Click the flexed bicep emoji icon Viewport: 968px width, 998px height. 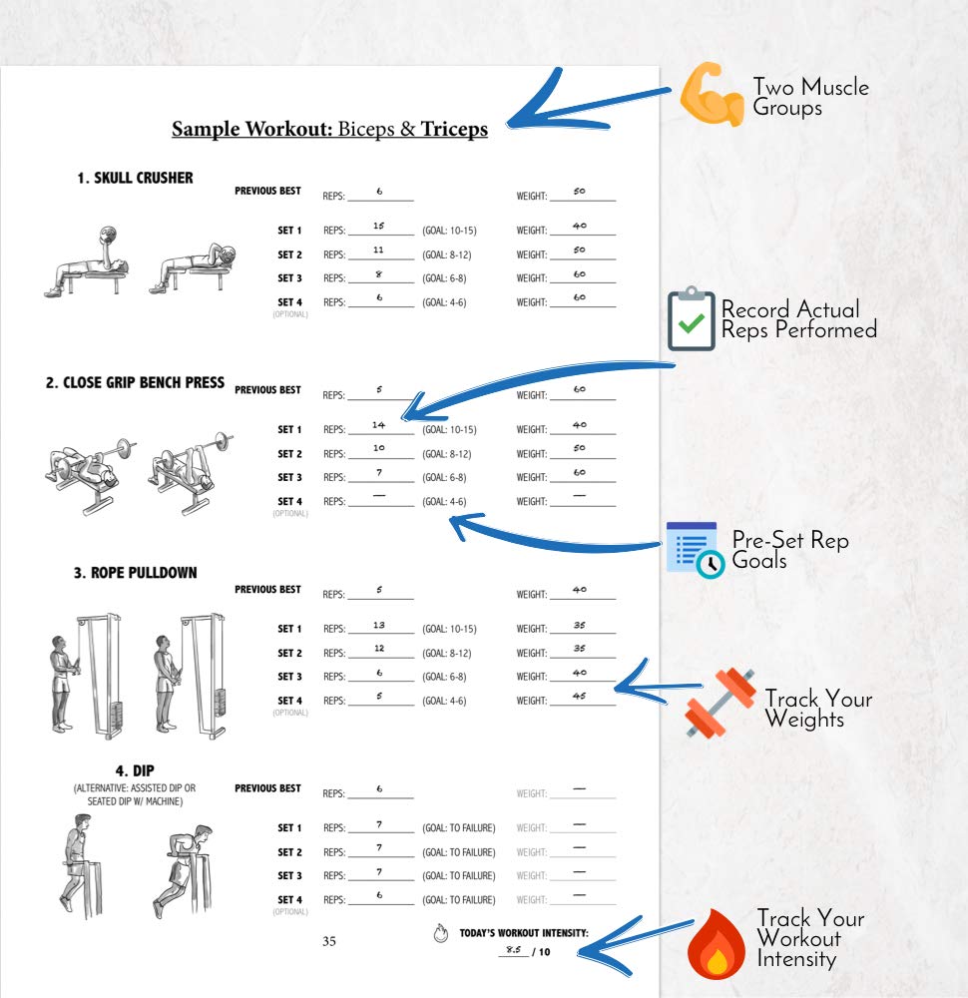pos(713,96)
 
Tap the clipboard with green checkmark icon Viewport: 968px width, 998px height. pos(692,319)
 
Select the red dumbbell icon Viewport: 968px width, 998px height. pos(720,703)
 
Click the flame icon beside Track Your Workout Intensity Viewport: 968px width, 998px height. pos(716,945)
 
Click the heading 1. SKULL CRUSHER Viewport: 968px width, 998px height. pos(135,178)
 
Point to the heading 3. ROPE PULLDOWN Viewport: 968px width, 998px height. pos(135,573)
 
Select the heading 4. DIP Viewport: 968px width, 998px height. pos(134,770)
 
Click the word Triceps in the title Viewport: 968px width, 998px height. pos(454,130)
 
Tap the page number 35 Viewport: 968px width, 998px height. pos(329,941)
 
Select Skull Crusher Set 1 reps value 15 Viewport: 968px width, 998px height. pos(379,227)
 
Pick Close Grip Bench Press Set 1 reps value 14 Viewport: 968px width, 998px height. pos(378,425)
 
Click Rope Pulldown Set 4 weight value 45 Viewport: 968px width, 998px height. pos(580,697)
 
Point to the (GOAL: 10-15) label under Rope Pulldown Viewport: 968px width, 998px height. pos(449,630)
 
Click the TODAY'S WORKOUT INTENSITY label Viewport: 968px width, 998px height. pos(524,934)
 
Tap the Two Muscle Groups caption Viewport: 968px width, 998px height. pos(810,97)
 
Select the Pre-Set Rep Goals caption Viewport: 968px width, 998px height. pos(789,550)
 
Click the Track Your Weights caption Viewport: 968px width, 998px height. pos(818,709)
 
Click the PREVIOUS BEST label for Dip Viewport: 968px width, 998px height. pos(267,788)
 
